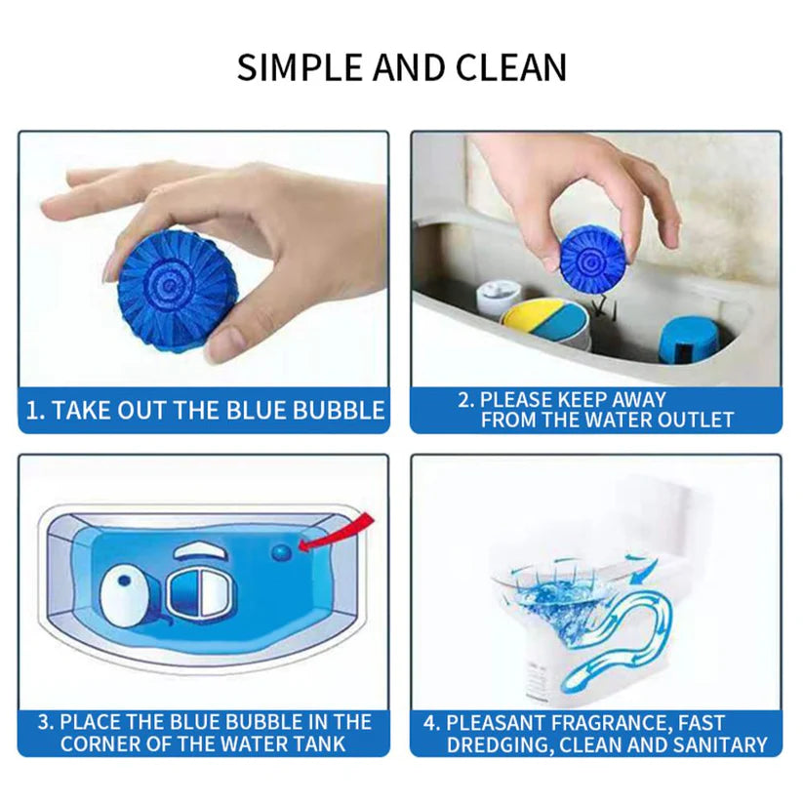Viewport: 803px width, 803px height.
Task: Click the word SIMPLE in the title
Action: click(301, 67)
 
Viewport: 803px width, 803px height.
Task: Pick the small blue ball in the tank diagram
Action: click(281, 552)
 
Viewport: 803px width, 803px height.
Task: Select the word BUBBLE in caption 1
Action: click(339, 411)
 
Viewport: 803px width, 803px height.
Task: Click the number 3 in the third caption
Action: click(45, 722)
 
